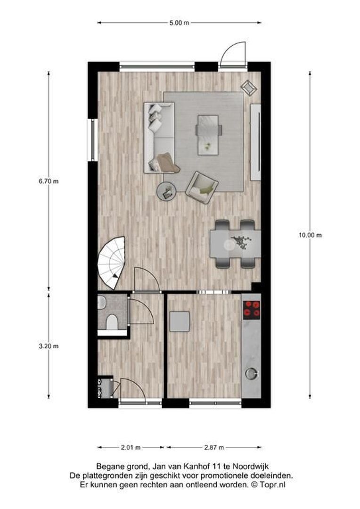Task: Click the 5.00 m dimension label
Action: click(179, 23)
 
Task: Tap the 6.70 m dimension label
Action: click(49, 181)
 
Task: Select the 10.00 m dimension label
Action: click(310, 235)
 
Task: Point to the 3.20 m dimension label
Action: click(49, 346)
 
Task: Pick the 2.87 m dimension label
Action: click(214, 447)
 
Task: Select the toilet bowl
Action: click(111, 322)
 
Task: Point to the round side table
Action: click(166, 190)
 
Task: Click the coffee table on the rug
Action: click(208, 134)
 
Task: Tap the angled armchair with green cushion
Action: click(202, 187)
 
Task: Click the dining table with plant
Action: click(235, 244)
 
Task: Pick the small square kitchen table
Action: click(180, 321)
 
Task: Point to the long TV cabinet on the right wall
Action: click(255, 141)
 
